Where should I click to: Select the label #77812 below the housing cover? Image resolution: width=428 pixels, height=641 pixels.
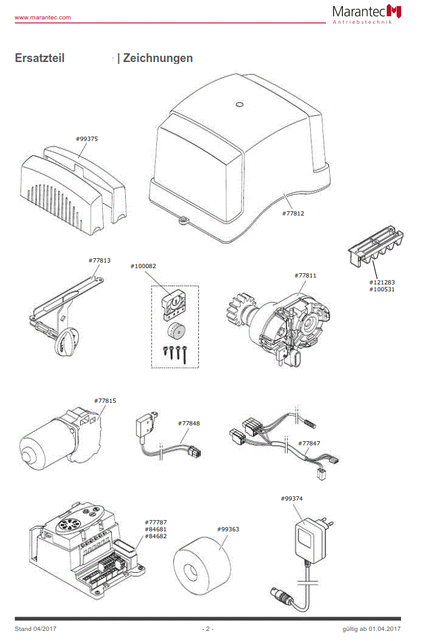click(293, 213)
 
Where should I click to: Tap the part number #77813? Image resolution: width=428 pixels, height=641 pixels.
click(99, 260)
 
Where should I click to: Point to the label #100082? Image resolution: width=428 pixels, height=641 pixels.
click(143, 266)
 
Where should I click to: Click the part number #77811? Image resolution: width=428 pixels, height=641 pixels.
click(305, 275)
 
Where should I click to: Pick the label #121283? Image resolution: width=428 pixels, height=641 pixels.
click(382, 282)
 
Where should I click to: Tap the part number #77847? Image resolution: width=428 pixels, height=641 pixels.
click(309, 443)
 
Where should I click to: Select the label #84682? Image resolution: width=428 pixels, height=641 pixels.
click(156, 536)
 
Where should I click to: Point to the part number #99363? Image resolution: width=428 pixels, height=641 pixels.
click(228, 529)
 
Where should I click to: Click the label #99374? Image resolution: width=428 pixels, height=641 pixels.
click(292, 498)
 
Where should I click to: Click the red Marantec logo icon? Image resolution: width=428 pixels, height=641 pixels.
click(394, 11)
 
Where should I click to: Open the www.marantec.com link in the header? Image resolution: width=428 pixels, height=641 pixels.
click(43, 17)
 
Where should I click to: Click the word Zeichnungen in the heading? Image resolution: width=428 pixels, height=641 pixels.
click(158, 58)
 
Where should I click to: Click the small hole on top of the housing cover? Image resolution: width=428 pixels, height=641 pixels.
click(238, 105)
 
